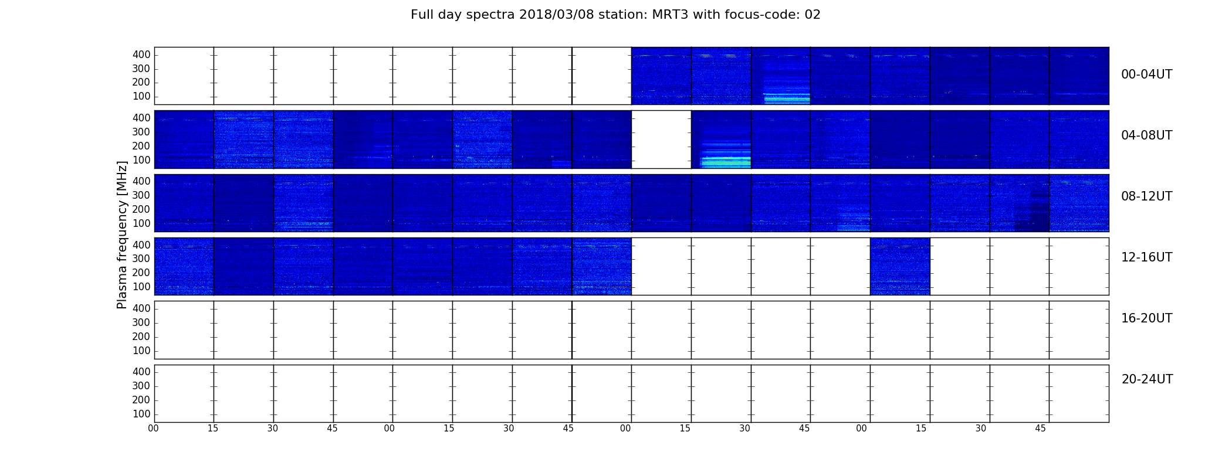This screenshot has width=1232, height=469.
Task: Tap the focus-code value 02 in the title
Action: pos(813,15)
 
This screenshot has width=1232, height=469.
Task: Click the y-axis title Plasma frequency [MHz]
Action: pos(122,235)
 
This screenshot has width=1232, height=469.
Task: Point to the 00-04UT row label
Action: pos(1146,74)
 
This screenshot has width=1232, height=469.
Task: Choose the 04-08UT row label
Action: pos(1146,135)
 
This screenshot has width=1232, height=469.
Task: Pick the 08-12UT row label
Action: pos(1146,196)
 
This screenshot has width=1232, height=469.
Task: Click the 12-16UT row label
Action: pos(1146,257)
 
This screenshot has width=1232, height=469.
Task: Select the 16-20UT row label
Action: pos(1146,318)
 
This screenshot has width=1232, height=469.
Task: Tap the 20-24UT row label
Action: pos(1147,379)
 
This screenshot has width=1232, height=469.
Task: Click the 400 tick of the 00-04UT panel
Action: pos(141,55)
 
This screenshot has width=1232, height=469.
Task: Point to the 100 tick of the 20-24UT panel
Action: pos(141,414)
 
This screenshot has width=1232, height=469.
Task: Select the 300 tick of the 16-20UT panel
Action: pos(141,322)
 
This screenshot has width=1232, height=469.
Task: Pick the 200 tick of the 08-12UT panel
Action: pos(141,209)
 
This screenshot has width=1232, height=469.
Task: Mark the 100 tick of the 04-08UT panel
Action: pos(141,160)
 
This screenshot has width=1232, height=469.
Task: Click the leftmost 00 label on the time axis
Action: pos(153,429)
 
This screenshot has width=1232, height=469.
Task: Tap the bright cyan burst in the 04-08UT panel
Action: pos(726,161)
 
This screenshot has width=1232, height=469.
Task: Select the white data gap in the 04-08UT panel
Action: pos(661,140)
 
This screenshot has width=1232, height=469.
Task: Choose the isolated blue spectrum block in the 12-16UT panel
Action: pos(900,266)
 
